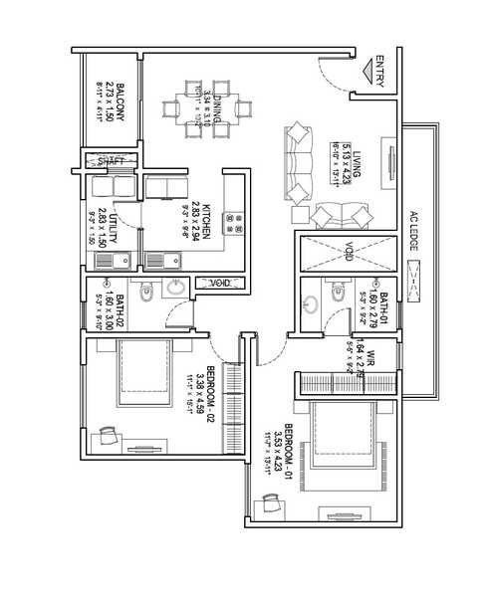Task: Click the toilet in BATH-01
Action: pyautogui.click(x=336, y=294)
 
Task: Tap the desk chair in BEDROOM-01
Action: pyautogui.click(x=269, y=503)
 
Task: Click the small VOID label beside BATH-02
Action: pyautogui.click(x=219, y=284)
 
